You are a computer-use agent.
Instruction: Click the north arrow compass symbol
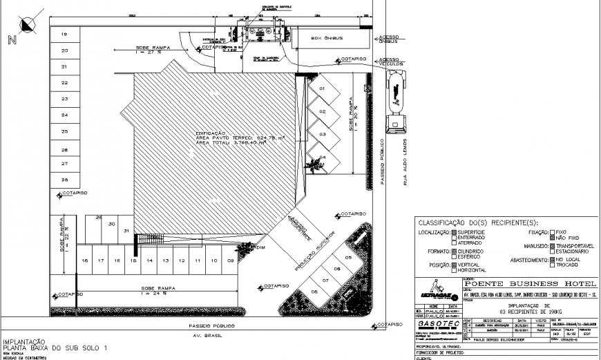28,26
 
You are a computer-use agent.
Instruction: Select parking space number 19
64,35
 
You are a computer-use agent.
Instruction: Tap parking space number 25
64,131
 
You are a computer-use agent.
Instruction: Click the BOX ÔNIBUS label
327,38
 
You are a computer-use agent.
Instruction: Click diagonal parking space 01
321,89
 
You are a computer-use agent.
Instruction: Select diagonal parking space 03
321,135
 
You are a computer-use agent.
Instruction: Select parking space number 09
211,260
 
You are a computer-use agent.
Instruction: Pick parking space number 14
149,260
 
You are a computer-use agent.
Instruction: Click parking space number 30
111,224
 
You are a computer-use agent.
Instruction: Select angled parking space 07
324,281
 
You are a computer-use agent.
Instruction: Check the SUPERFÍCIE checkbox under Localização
454,233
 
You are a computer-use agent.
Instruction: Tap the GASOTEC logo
437,323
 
